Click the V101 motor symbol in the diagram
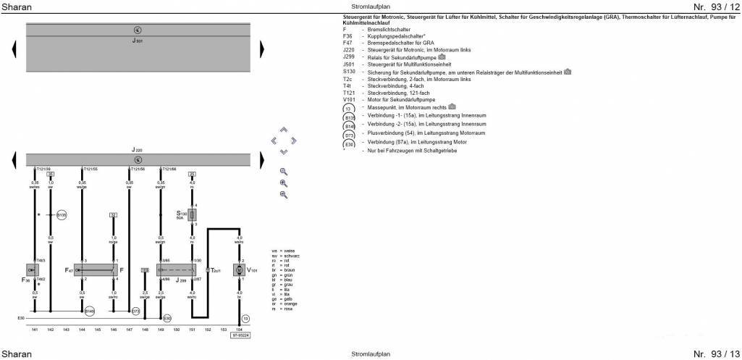[239, 270]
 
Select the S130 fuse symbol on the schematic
[193, 215]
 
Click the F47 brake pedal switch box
[95, 269]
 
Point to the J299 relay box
[176, 269]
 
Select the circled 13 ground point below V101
[245, 318]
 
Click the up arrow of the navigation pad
[283, 130]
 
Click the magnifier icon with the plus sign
[283, 183]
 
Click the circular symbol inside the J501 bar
[138, 30]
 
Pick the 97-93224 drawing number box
[242, 335]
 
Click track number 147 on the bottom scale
[129, 330]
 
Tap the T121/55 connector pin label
[90, 169]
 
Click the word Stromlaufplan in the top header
[370, 7]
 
